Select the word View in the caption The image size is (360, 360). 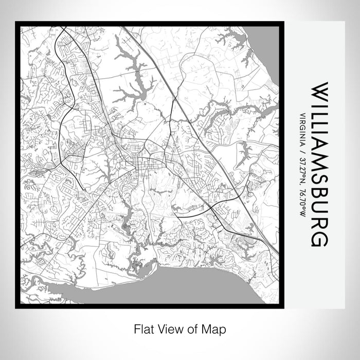click(169, 328)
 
